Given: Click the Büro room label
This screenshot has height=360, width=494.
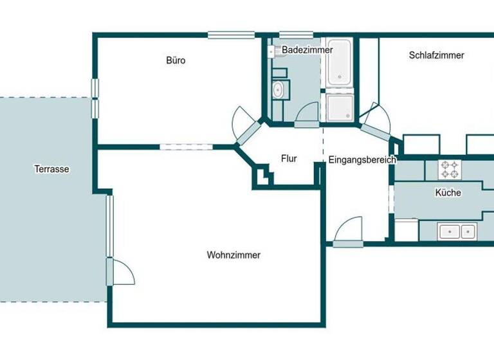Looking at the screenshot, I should (176, 60).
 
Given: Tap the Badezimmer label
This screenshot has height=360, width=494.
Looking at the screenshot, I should (307, 50).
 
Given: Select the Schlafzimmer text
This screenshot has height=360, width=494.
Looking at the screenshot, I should (436, 55).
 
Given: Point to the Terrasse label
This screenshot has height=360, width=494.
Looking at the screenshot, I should (51, 170).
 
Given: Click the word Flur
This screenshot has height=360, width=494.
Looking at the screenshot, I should (289, 159).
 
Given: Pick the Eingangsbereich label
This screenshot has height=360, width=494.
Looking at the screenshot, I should (361, 160).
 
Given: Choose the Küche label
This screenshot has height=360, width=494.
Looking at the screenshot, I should (448, 192).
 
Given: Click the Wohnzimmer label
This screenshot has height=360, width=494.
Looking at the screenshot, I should (233, 255).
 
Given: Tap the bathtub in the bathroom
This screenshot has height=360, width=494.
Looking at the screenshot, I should (338, 64).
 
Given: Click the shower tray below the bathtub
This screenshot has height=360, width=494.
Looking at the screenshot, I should (338, 108).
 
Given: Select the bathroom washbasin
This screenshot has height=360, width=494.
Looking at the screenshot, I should (279, 89).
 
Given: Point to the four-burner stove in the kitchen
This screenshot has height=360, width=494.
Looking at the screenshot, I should (449, 169).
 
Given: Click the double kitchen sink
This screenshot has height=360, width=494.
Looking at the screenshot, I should (457, 231).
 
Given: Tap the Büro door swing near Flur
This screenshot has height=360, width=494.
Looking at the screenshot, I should (244, 122).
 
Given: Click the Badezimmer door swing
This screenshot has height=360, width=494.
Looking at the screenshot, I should (307, 114).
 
